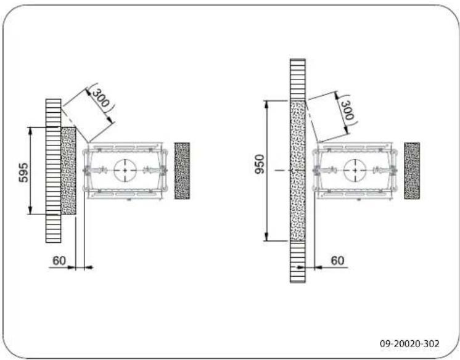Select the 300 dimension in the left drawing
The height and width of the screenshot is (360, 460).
pyautogui.click(x=101, y=98)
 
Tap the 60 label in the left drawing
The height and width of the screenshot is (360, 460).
pyautogui.click(x=59, y=261)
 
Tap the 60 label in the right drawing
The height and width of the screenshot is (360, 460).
pyautogui.click(x=338, y=261)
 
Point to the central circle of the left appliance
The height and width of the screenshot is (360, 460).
pyautogui.click(x=125, y=170)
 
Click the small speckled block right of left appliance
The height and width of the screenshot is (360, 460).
pyautogui.click(x=182, y=170)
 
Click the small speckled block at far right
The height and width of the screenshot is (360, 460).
pyautogui.click(x=412, y=170)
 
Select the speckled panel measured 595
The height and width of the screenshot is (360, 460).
pyautogui.click(x=68, y=170)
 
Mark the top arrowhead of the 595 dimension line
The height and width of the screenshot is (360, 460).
pyautogui.click(x=30, y=129)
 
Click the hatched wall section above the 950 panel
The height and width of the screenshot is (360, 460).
pyautogui.click(x=298, y=79)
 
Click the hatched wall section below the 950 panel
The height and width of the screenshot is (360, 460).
pyautogui.click(x=298, y=262)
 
